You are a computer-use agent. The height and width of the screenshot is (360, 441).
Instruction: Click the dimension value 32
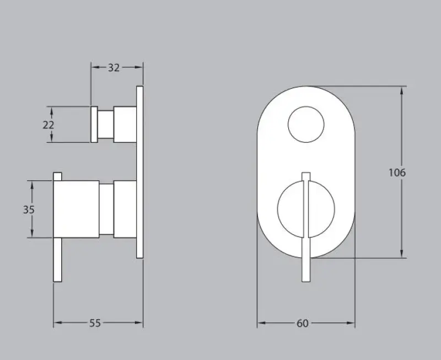(x=114, y=68)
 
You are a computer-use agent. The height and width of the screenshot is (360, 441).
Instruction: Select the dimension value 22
(x=49, y=125)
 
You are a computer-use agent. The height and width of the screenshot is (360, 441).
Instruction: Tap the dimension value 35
(x=30, y=209)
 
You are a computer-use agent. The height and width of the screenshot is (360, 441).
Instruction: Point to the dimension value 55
(x=95, y=324)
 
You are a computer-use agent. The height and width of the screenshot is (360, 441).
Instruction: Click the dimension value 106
(x=397, y=173)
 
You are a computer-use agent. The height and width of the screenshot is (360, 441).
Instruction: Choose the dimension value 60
(x=303, y=324)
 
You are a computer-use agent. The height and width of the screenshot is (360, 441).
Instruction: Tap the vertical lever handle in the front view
(x=306, y=227)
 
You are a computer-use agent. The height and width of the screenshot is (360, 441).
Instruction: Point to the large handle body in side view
(x=76, y=209)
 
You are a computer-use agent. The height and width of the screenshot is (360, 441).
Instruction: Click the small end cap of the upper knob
(x=94, y=125)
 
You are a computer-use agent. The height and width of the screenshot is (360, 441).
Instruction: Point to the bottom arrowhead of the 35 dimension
(x=32, y=234)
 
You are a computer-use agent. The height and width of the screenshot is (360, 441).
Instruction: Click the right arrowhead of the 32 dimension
(x=140, y=67)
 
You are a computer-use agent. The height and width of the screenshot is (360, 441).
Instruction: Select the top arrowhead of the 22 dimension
(x=52, y=109)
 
